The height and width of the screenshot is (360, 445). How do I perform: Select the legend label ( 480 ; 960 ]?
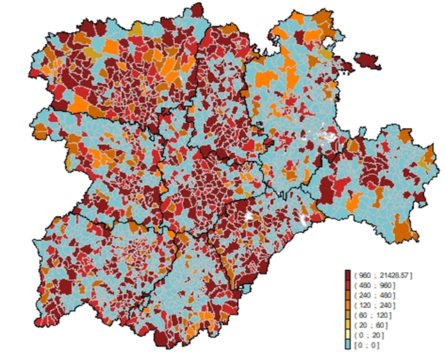(374, 285)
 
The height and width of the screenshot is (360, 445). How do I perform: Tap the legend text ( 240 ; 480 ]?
(374, 295)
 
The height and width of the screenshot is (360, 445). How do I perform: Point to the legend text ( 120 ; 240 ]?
(374, 305)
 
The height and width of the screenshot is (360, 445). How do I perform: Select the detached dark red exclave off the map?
(367, 61)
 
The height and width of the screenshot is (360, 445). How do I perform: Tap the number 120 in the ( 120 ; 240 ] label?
(365, 305)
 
